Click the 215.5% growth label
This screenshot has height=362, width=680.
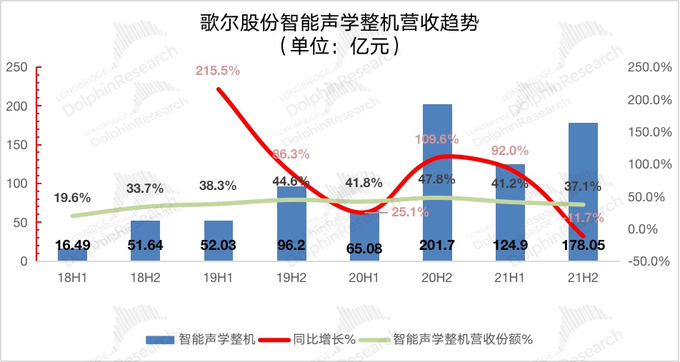(x=218, y=71)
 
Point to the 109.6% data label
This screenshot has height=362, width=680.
(x=437, y=139)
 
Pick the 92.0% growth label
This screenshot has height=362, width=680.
(x=510, y=151)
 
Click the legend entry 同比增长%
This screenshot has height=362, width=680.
(x=324, y=340)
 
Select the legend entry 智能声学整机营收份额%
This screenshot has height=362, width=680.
(x=463, y=340)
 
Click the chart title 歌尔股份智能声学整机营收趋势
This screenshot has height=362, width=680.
(x=339, y=22)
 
